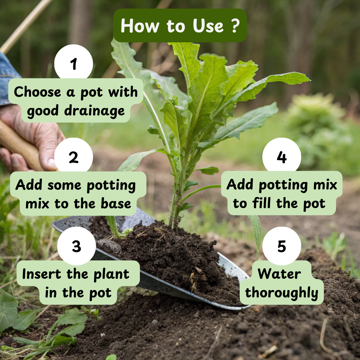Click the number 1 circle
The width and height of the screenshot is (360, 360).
point(73,63)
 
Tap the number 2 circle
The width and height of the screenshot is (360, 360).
point(73,157)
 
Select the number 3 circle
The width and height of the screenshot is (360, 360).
point(76,246)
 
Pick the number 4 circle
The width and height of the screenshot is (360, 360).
point(282,157)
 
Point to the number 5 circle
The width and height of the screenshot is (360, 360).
point(282,246)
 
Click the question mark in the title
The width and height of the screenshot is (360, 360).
point(235,25)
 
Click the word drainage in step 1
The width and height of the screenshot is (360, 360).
point(94,111)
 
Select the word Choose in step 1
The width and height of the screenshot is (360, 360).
point(38,92)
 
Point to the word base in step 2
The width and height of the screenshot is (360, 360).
point(116,203)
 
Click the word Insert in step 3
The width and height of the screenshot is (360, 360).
point(42,274)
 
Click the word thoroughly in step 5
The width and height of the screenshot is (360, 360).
point(282,293)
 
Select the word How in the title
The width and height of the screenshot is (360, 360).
point(140,25)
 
